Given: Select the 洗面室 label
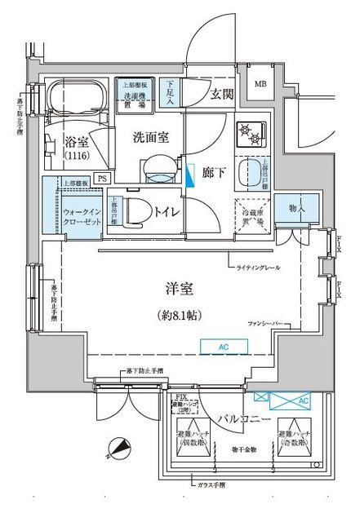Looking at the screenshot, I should click(151, 138).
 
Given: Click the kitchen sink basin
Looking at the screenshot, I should click(247, 172).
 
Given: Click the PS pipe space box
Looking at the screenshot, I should click(102, 178).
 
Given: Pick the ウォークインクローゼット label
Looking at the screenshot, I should click(81, 217).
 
